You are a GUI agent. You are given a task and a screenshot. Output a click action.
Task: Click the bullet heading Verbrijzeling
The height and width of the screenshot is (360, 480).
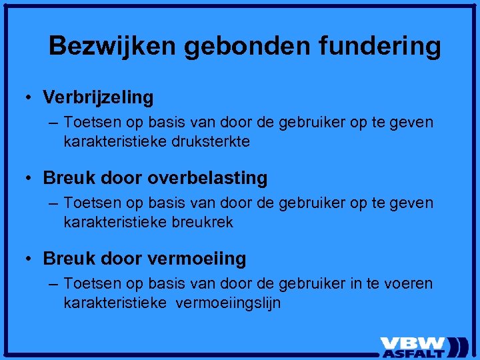click(98, 97)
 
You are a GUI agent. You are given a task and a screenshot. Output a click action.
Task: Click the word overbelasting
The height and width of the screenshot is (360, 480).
click(207, 178)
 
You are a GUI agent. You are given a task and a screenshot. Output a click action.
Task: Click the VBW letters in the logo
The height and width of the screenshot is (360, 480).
click(413, 343)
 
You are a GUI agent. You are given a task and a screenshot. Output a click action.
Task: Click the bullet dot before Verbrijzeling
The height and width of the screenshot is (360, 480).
click(30, 98)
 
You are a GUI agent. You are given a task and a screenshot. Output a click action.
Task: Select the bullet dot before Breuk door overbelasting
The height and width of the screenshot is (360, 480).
click(30, 179)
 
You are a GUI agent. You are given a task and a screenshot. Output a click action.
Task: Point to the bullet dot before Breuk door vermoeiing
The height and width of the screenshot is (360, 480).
click(30, 259)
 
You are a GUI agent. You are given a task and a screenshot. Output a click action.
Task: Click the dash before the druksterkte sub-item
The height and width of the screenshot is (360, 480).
click(53, 123)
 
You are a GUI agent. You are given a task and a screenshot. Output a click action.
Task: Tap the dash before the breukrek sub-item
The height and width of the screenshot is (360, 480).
click(53, 203)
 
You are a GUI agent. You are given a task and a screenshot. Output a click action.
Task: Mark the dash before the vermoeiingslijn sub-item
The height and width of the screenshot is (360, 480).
click(53, 284)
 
